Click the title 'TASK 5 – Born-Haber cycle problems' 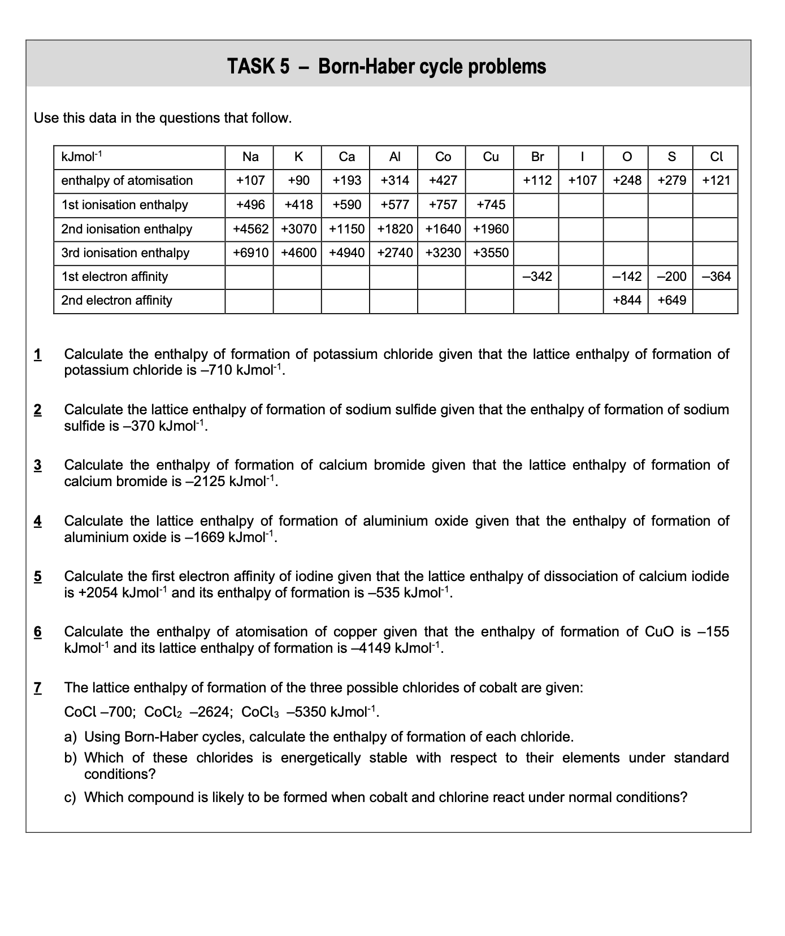(387, 67)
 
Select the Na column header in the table (250, 157)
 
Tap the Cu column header (490, 157)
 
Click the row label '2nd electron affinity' (116, 301)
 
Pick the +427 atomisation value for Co (443, 181)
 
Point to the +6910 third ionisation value (250, 253)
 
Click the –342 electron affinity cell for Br (537, 277)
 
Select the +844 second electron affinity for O (627, 301)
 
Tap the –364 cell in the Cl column (716, 277)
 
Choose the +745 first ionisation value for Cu (491, 205)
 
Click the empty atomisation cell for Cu (490, 181)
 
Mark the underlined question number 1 (38, 355)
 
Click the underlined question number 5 (38, 577)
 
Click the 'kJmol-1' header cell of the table (81, 157)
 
